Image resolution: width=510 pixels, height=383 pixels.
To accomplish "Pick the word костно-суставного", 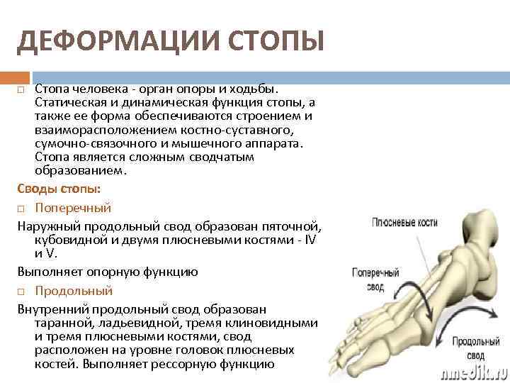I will tap(235, 131).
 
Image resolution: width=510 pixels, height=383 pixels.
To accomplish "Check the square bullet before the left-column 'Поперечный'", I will tap(21, 209).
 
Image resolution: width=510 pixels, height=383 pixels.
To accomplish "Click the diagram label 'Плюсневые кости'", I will tap(404, 223).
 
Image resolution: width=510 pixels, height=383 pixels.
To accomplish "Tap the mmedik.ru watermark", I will tap(472, 371).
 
